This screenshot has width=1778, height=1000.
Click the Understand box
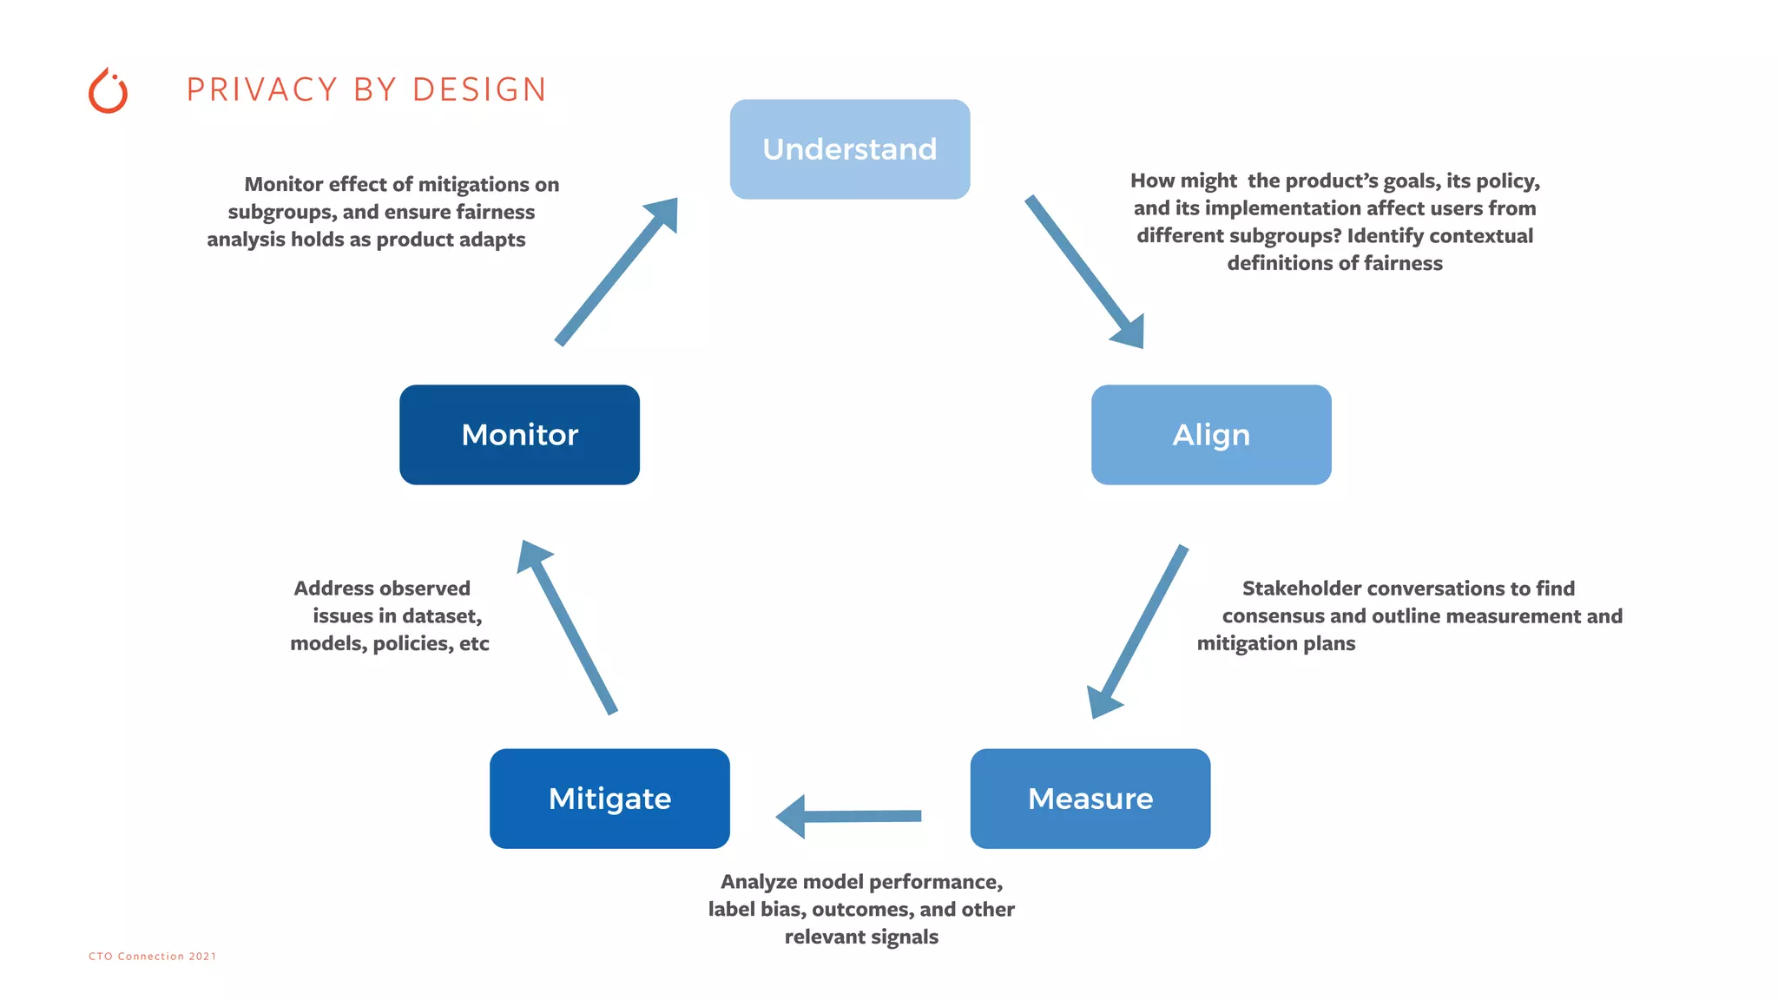[849, 149]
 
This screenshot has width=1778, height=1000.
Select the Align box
[1211, 435]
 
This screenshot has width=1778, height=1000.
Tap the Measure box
[1090, 799]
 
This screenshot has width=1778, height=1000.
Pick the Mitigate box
[609, 799]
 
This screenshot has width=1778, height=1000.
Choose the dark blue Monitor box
[519, 435]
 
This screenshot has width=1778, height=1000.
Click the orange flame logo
[109, 91]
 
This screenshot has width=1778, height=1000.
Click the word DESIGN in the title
[479, 90]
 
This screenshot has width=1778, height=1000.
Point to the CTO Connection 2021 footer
[153, 956]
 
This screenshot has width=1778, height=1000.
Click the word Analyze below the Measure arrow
[759, 882]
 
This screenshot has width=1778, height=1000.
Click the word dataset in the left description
[439, 616]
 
